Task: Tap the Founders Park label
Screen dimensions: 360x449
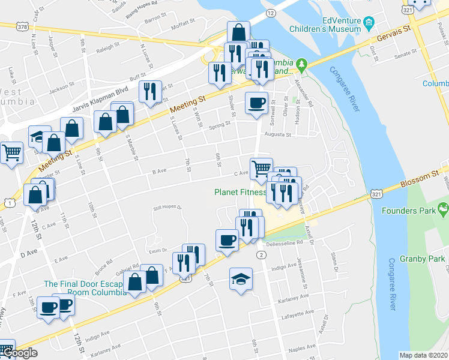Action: point(410,211)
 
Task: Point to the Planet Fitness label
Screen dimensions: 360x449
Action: point(240,193)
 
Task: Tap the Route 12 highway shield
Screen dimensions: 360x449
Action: point(271,13)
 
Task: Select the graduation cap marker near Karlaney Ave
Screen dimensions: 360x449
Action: point(241,279)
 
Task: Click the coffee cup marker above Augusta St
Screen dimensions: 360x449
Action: point(256,103)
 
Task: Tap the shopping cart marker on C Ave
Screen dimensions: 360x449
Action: point(261,169)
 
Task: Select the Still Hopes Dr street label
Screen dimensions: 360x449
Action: point(167,208)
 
